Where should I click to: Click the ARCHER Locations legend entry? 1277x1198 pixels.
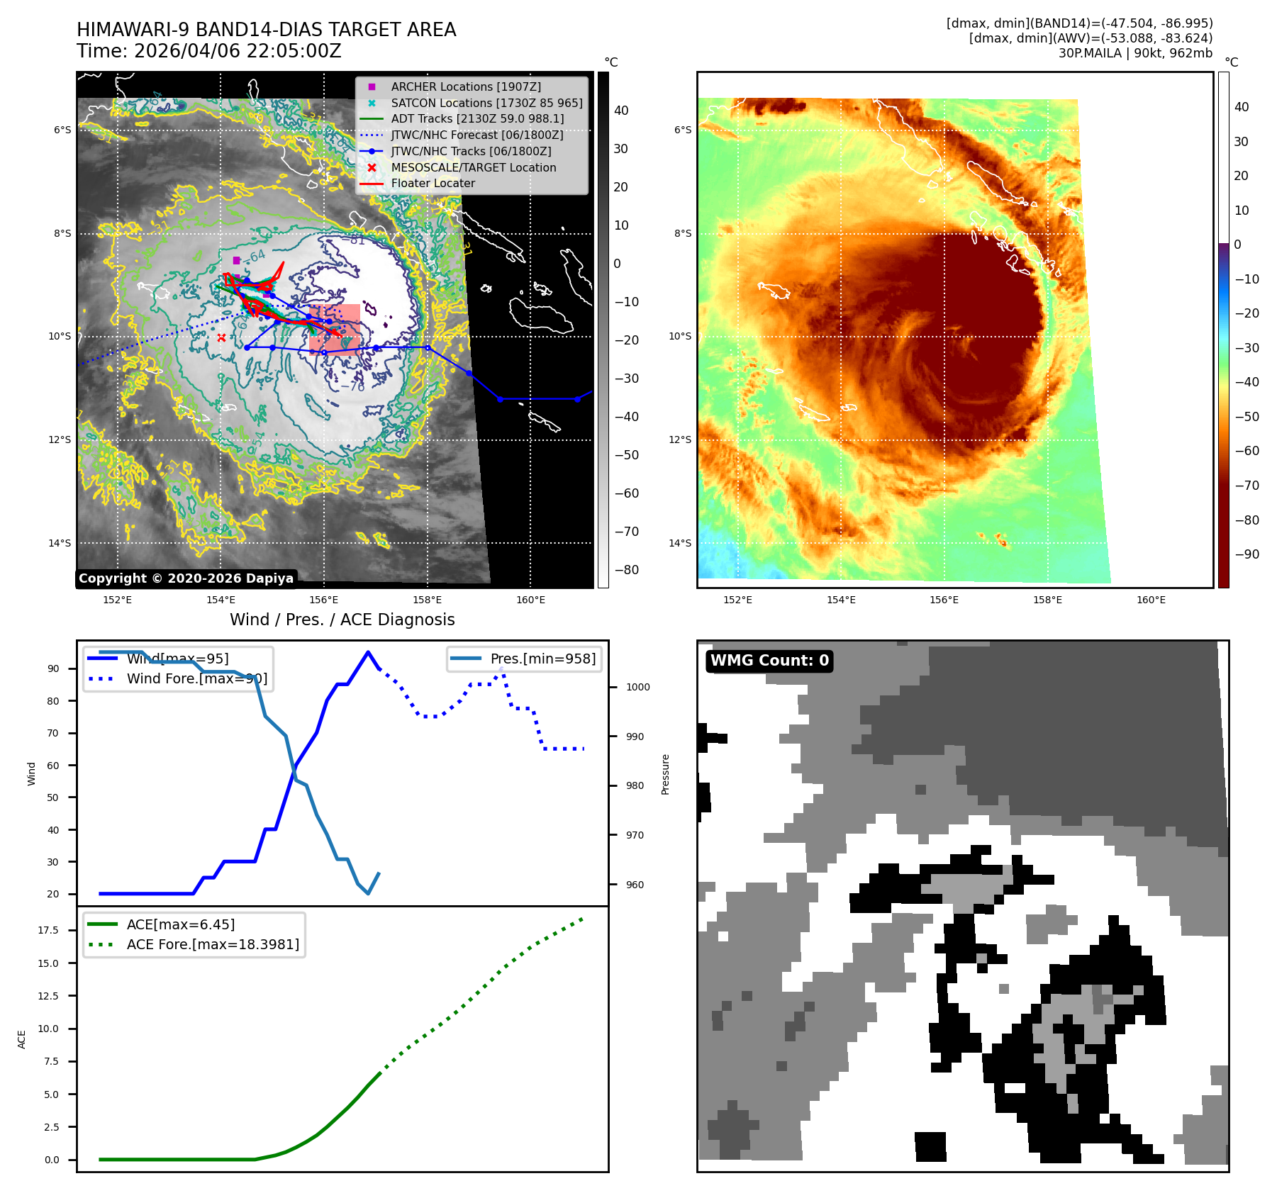pyautogui.click(x=465, y=86)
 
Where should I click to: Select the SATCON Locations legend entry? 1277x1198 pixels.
pyautogui.click(x=486, y=103)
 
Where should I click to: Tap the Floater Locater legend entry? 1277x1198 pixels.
pyautogui.click(x=433, y=183)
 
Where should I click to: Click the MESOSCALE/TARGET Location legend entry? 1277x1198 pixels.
pyautogui.click(x=473, y=167)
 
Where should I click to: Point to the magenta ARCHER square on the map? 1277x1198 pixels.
pyautogui.click(x=236, y=260)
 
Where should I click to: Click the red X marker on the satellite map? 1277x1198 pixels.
pyautogui.click(x=221, y=337)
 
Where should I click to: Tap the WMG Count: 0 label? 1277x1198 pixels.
pyautogui.click(x=769, y=661)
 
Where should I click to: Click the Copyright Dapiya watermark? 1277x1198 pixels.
pyautogui.click(x=186, y=578)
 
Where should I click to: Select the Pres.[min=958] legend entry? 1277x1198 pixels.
pyautogui.click(x=542, y=659)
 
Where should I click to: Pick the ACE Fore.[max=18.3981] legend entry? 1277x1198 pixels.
pyautogui.click(x=213, y=944)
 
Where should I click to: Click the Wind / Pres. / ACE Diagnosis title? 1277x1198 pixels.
pyautogui.click(x=342, y=620)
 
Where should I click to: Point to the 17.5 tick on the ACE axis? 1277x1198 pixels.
pyautogui.click(x=48, y=930)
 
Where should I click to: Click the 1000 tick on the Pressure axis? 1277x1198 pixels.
pyautogui.click(x=637, y=687)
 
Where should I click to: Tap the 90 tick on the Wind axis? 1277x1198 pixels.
pyautogui.click(x=53, y=668)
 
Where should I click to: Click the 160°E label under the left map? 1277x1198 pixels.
pyautogui.click(x=530, y=600)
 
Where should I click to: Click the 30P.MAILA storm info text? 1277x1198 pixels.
pyautogui.click(x=1134, y=53)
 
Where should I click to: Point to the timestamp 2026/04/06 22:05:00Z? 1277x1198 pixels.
pyautogui.click(x=238, y=51)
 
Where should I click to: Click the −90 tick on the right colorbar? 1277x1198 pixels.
pyautogui.click(x=1247, y=554)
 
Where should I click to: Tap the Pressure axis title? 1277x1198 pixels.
pyautogui.click(x=665, y=774)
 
